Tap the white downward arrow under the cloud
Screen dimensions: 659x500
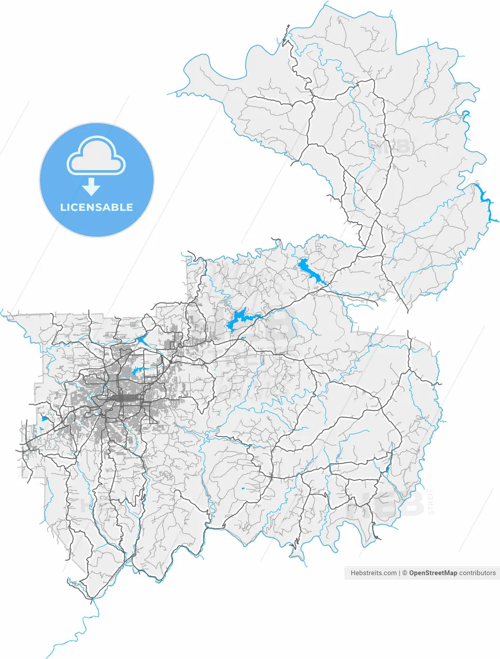pyautogui.click(x=92, y=186)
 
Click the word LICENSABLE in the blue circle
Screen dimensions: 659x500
pyautogui.click(x=97, y=207)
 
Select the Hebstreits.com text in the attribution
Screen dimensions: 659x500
pyautogui.click(x=373, y=573)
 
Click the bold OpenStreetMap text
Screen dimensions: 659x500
pyautogui.click(x=433, y=573)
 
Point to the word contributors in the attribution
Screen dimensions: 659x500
pyautogui.click(x=477, y=573)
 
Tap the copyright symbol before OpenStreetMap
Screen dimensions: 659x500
pyautogui.click(x=405, y=573)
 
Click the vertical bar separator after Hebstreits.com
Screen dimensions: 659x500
pyautogui.click(x=400, y=573)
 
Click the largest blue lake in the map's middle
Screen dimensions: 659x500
pyautogui.click(x=237, y=320)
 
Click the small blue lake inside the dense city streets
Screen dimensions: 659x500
pyautogui.click(x=137, y=371)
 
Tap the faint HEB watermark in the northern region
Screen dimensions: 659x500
pyautogui.click(x=395, y=147)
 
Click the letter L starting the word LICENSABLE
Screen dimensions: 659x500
pyautogui.click(x=63, y=207)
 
